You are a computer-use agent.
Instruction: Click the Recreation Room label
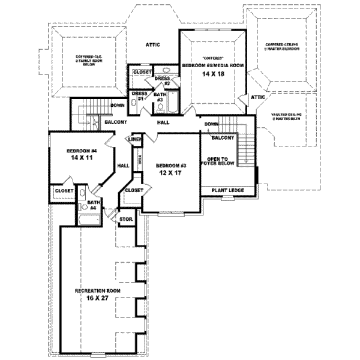[98, 290]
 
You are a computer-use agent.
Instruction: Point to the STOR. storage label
[127, 220]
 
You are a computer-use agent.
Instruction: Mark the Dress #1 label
[139, 96]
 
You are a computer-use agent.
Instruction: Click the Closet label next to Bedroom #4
[64, 191]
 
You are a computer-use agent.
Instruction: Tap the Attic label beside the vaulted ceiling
[258, 97]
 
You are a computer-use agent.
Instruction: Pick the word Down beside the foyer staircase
[211, 125]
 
